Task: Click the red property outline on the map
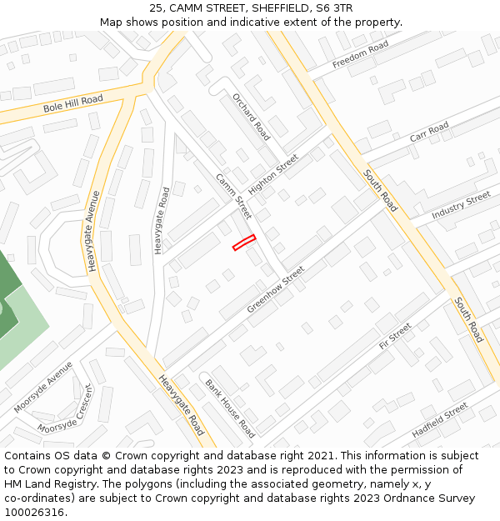pos(243,242)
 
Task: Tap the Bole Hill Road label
pos(73,105)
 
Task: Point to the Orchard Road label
pos(251,116)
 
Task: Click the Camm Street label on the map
pos(233,196)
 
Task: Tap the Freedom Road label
pos(360,54)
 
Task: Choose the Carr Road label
pos(429,132)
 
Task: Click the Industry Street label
pos(462,205)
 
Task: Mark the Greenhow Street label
pos(276,290)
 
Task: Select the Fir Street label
pos(395,335)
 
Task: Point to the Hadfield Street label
pos(440,421)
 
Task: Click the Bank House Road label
pos(230,408)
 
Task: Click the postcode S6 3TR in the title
pos(332,8)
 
